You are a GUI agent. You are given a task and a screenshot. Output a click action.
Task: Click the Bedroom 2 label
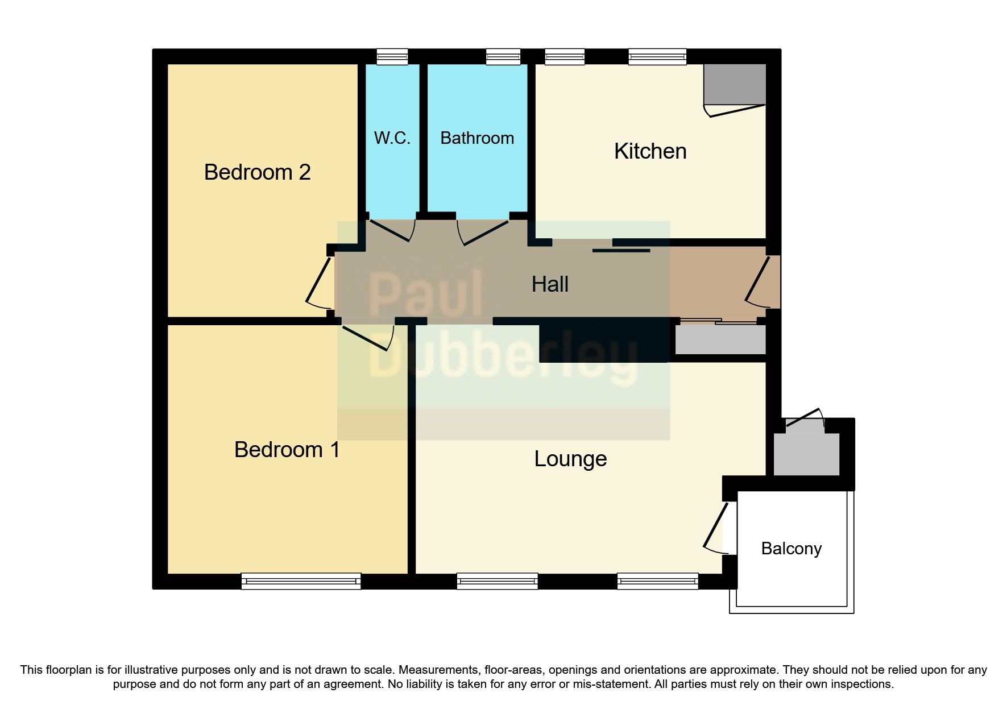pos(257,172)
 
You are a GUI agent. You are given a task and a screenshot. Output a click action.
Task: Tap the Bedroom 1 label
pos(287,450)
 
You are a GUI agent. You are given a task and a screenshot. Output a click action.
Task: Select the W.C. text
pos(392,138)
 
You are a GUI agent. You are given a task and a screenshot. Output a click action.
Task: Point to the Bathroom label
pos(477,138)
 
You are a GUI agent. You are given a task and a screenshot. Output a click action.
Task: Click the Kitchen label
pos(650,151)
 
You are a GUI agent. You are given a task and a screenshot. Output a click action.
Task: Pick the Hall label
pos(550,284)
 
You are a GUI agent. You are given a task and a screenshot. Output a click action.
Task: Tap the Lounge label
pos(570,459)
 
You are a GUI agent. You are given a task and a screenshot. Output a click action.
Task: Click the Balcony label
pos(791,549)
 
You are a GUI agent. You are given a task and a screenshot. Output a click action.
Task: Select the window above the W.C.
pos(392,56)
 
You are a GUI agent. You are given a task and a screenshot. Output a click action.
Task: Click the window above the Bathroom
pos(503,56)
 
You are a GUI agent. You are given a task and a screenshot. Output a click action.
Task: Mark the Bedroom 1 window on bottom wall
pos(301,580)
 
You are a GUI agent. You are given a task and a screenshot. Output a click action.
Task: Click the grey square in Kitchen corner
pos(735,84)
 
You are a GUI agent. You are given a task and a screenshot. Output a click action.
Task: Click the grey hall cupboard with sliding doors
pos(720,339)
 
